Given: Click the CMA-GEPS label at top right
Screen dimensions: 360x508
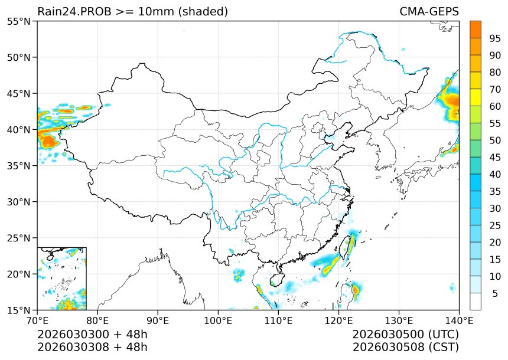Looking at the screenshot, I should tap(429, 12).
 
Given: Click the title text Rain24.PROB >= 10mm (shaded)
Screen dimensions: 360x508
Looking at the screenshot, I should tap(132, 12).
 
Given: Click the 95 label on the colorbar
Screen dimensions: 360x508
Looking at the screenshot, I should tap(495, 38).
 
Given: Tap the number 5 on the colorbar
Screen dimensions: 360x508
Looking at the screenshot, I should tap(495, 293).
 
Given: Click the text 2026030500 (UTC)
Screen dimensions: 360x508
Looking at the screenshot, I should tap(405, 334).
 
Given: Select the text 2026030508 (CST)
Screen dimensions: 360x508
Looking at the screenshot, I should tap(405, 346).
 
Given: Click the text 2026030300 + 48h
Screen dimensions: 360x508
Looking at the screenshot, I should tap(92, 334).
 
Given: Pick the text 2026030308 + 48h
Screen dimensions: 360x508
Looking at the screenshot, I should tap(92, 346).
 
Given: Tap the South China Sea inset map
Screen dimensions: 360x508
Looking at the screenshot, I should tap(62, 279).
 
